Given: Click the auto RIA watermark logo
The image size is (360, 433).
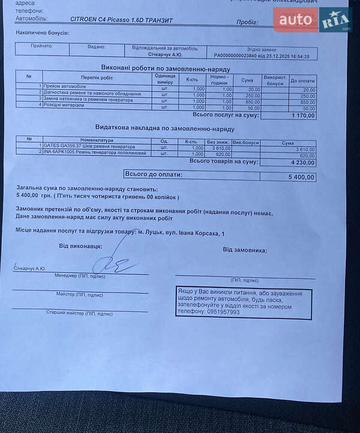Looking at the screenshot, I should tap(311, 21).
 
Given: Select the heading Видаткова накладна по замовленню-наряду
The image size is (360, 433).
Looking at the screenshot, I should tap(164, 128).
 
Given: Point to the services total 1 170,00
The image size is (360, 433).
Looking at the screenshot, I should tap(302, 116).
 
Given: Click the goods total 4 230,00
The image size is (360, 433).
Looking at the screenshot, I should tap(302, 162).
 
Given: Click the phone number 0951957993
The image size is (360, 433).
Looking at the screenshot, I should tap(223, 312).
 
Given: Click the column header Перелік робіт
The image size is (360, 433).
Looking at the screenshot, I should tap(97, 77).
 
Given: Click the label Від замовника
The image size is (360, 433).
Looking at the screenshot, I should tap(244, 250).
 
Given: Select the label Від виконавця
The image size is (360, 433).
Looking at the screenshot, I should tap(80, 246).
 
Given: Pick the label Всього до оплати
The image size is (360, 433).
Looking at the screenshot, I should tap(153, 175).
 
